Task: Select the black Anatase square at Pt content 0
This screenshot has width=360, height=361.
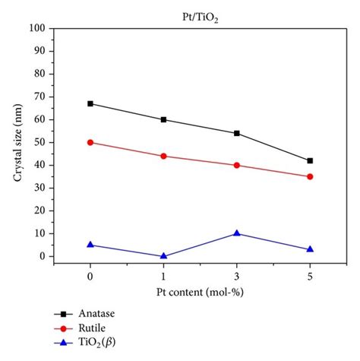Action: [90, 103]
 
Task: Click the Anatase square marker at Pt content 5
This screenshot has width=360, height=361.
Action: [310, 160]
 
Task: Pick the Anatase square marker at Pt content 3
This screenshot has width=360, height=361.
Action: [237, 133]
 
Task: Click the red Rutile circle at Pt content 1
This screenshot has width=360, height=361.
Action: [163, 156]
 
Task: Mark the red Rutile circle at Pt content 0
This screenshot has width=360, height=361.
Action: [90, 142]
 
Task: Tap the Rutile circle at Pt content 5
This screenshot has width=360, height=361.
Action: [310, 176]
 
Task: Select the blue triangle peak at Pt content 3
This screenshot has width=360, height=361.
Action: [237, 233]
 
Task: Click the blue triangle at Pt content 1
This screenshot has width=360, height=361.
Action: [163, 256]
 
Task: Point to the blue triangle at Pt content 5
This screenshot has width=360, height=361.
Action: [310, 249]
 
